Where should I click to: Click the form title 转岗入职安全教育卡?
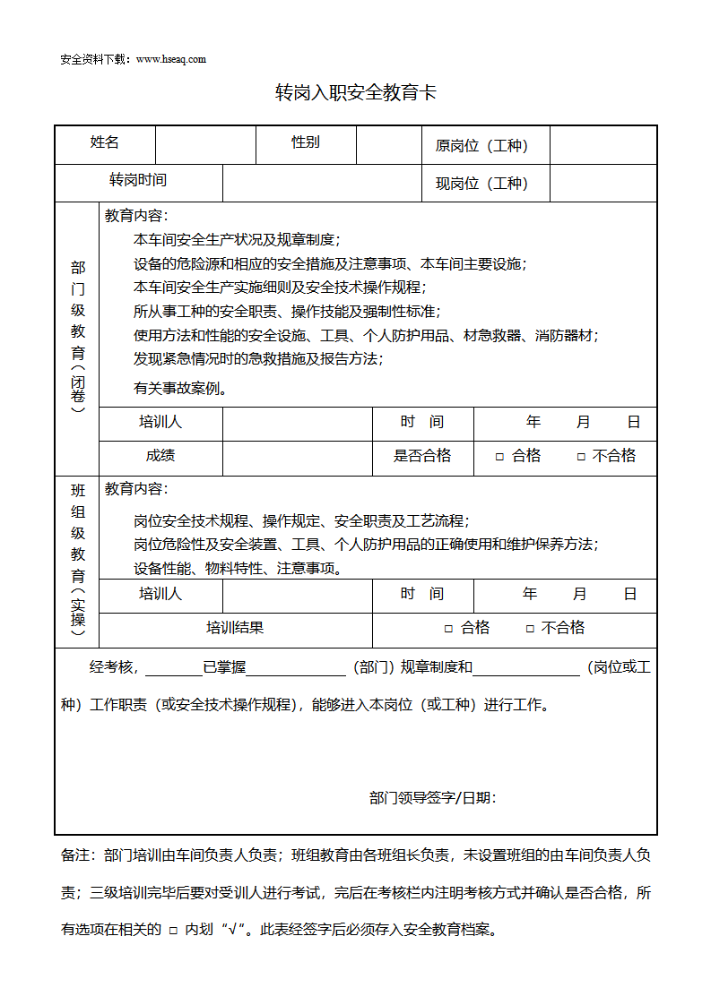355,93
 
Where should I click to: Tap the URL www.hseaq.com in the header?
171,59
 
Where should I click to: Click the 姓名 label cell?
105,142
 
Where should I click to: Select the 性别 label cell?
306,142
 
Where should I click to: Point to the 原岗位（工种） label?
481,146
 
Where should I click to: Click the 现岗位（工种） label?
481,184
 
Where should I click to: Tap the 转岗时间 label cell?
138,180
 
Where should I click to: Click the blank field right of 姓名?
205,144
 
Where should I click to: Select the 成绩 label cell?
160,456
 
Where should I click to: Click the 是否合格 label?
422,456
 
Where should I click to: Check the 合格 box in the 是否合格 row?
500,457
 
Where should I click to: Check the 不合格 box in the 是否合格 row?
581,457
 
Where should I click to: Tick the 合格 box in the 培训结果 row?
449,629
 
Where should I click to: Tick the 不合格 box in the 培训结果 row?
530,629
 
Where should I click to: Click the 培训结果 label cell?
235,628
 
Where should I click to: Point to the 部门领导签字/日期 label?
433,798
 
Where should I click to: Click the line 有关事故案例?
180,389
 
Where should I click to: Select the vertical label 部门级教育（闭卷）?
78,337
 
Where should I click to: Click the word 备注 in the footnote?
75,855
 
